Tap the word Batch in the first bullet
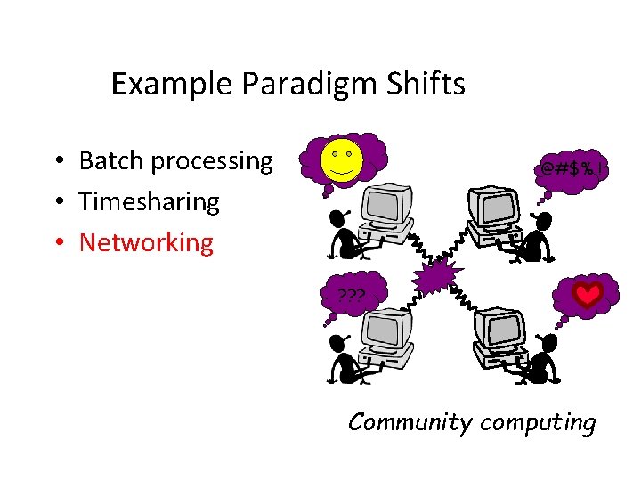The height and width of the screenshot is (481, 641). pyautogui.click(x=111, y=161)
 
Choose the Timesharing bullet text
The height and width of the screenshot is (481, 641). pyautogui.click(x=149, y=201)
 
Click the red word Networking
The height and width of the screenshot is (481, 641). pyautogui.click(x=146, y=242)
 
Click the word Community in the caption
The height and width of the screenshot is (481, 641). pyautogui.click(x=410, y=421)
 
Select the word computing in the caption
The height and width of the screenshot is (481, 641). pyautogui.click(x=538, y=421)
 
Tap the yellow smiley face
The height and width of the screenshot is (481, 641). pyautogui.click(x=343, y=159)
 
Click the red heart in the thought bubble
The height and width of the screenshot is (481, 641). pyautogui.click(x=587, y=296)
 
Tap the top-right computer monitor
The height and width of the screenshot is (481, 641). pyautogui.click(x=491, y=207)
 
